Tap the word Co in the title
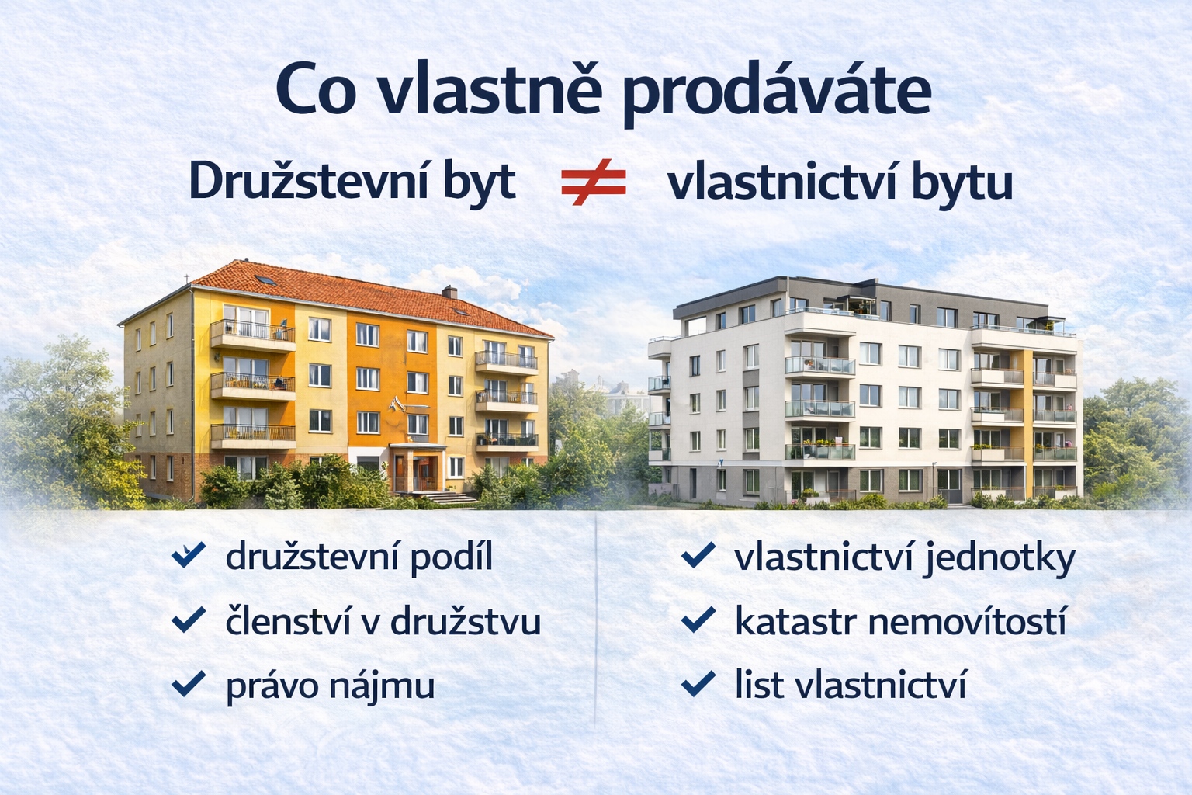click(x=316, y=89)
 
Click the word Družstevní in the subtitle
click(x=308, y=182)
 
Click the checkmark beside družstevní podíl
click(x=189, y=554)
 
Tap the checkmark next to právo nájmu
click(x=189, y=683)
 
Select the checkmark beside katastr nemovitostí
click(x=698, y=619)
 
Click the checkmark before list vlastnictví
click(x=698, y=683)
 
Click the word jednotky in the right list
click(x=1000, y=558)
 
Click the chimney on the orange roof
click(x=449, y=292)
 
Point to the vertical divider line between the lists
click(x=595, y=619)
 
